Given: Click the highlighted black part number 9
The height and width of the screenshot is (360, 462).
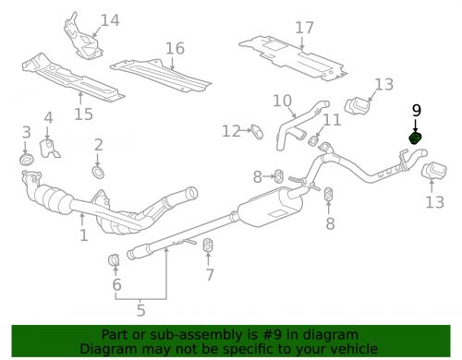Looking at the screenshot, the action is coord(415,138).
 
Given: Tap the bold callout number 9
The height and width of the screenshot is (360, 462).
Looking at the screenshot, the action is coord(417,111).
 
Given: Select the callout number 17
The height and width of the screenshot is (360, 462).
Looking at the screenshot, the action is coord(304,28).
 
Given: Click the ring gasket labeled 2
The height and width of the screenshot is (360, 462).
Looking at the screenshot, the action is coord(98,173).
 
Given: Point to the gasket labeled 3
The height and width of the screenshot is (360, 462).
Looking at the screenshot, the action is coord(27,159).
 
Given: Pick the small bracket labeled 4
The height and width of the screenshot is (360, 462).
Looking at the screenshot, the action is coord(49,149).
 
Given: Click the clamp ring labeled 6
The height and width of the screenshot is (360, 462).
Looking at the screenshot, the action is coord(114,260).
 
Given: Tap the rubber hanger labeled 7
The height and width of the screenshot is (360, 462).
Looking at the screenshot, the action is coord(208,245).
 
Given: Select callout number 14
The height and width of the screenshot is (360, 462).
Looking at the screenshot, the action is coord(110,20).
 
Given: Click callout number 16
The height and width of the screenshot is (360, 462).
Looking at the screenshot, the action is coord(175,49).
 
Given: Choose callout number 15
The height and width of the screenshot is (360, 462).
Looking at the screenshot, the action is coord(83,114).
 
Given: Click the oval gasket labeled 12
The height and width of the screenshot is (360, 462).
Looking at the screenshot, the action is coord(257,131).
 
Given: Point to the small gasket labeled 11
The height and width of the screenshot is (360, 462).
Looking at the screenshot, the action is coord(313,140).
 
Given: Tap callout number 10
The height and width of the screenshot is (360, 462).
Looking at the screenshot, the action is coord(282,101).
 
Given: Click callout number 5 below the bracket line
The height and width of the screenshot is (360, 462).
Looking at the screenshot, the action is coord(140,310).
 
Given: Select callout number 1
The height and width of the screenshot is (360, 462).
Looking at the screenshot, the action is coord(84,235).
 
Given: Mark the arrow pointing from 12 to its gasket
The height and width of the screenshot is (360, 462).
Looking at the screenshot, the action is coord(247,131).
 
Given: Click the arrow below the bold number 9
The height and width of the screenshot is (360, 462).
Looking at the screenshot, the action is coord(416,126).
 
